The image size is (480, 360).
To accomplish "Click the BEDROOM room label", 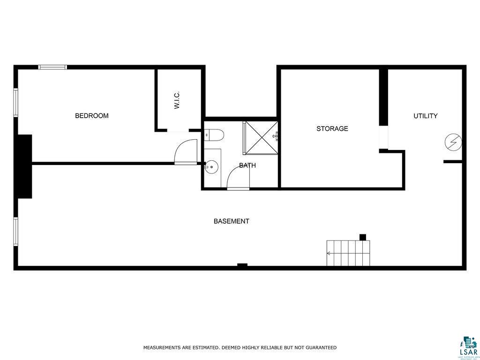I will pyautogui.click(x=92, y=116).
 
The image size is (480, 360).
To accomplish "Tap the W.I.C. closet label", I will pyautogui.click(x=177, y=100).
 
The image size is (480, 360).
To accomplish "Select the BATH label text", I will pyautogui.click(x=247, y=165).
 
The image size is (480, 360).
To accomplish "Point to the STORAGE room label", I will pyautogui.click(x=332, y=128).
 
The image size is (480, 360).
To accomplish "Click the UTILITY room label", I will pyautogui.click(x=425, y=116).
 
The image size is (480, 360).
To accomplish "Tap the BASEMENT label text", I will pyautogui.click(x=231, y=221).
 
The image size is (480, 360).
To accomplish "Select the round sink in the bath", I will pyautogui.click(x=212, y=165).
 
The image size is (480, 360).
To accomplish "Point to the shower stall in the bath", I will pyautogui.click(x=261, y=137).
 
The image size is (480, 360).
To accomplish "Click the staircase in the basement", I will pyautogui.click(x=348, y=253).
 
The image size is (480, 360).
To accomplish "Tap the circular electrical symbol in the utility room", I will pyautogui.click(x=454, y=141).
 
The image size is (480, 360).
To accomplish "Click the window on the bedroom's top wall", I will pyautogui.click(x=52, y=67).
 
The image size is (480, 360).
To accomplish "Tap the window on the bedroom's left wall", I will pyautogui.click(x=15, y=102).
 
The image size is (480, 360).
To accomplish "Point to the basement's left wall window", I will pyautogui.click(x=15, y=231).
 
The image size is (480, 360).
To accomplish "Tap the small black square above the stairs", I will pyautogui.click(x=362, y=237).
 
